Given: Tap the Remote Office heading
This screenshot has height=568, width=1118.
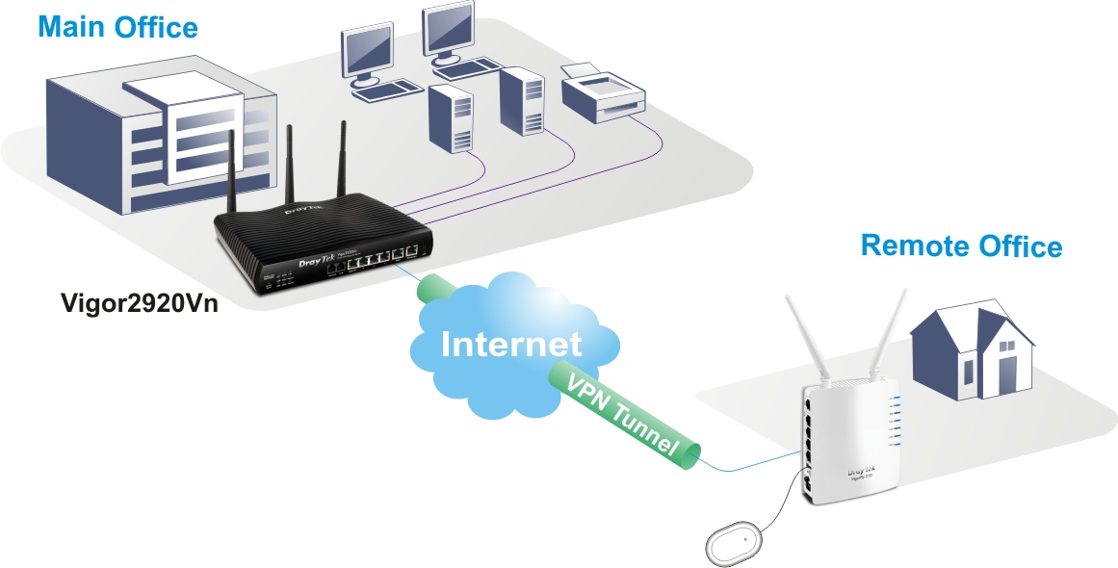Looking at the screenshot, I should point(960,245).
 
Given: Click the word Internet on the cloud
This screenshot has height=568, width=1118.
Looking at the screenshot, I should point(511,343).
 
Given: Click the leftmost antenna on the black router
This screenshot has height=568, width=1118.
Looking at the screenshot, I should point(232,173).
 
